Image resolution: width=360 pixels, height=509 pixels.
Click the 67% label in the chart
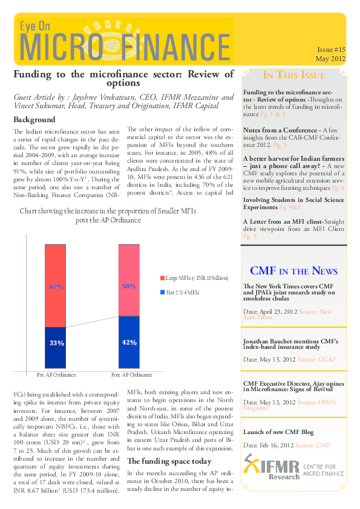[x=56, y=287]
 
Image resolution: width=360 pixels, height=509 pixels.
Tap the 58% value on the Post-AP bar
[x=128, y=286]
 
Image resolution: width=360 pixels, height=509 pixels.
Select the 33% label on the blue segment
[x=56, y=343]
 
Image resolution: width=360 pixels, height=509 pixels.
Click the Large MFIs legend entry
[x=194, y=277]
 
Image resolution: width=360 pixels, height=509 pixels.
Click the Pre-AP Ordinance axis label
[x=56, y=375]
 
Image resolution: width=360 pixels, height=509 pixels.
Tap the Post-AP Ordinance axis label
[x=128, y=375]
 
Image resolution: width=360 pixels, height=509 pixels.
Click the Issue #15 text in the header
[x=330, y=50]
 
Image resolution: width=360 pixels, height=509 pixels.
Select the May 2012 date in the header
[x=330, y=59]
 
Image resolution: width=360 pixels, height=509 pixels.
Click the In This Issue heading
[x=293, y=76]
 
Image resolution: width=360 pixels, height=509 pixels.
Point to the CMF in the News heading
[x=293, y=271]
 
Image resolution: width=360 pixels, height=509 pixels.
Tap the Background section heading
[x=34, y=120]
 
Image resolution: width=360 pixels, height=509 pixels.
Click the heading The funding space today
[x=160, y=461]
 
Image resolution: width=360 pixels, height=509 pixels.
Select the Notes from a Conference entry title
[x=273, y=130]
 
